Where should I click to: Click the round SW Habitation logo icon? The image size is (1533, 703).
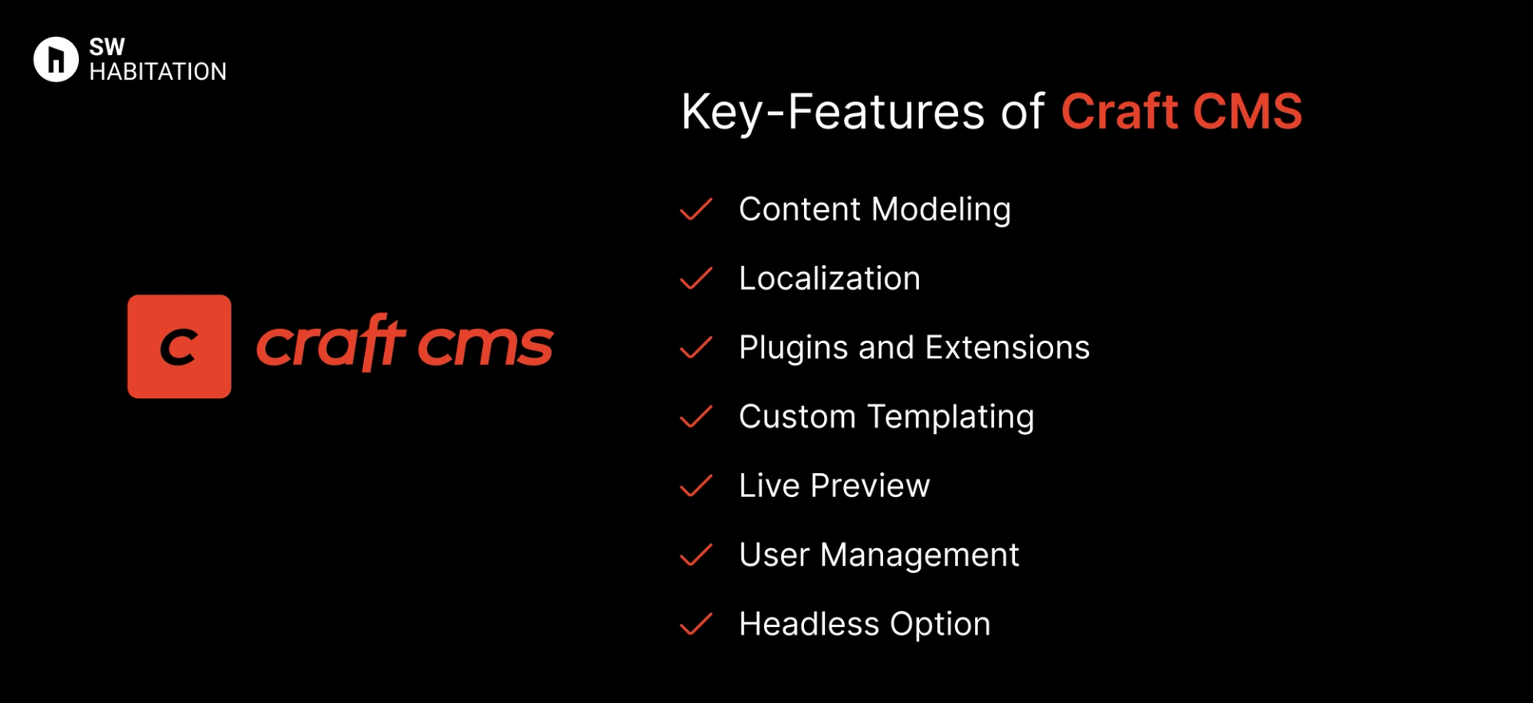tap(56, 59)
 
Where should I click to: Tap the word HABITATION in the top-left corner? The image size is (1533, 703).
tap(158, 72)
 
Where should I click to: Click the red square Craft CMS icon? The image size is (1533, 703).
tap(179, 346)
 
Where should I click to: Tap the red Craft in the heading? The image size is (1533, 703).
tap(1119, 111)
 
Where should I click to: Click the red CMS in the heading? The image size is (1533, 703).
tap(1248, 111)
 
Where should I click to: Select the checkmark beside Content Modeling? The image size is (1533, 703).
tap(695, 210)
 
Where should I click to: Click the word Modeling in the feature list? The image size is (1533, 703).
tap(941, 210)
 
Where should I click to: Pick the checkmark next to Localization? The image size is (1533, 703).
tap(695, 278)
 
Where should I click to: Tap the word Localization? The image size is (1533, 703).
tap(830, 278)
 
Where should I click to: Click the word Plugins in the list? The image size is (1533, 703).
tap(793, 348)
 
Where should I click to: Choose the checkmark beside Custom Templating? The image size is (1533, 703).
tap(695, 417)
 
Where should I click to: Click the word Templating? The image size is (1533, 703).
tap(951, 417)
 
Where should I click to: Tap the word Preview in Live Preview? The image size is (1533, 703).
tap(870, 486)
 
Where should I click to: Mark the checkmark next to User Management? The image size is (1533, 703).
tap(695, 555)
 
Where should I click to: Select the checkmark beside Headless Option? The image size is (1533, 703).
tap(695, 624)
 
